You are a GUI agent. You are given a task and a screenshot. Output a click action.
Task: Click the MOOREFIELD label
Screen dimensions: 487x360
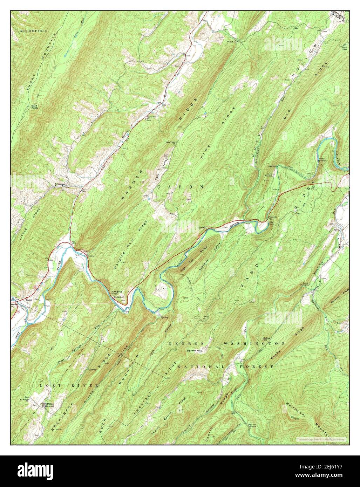(x=33, y=31)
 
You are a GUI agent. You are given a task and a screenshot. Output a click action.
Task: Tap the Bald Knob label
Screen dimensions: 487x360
(x=34, y=107)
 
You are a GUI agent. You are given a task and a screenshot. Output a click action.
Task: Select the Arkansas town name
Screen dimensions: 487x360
(x=59, y=184)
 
